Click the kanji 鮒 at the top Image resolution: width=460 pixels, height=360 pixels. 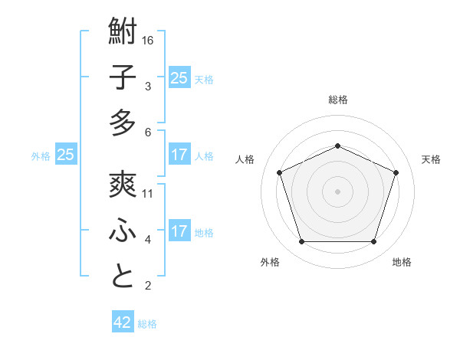(123, 32)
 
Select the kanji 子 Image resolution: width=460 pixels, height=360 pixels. (123, 77)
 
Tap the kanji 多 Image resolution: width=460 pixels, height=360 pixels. (123, 123)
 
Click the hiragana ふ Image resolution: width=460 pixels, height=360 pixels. (123, 231)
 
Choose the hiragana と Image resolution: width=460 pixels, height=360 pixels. (123, 277)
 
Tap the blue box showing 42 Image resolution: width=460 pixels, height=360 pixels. (123, 322)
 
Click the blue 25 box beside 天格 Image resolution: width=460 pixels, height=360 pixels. (179, 77)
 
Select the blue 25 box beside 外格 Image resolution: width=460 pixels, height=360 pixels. (66, 155)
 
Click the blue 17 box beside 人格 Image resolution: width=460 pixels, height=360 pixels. (179, 155)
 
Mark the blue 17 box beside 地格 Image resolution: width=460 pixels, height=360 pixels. (179, 231)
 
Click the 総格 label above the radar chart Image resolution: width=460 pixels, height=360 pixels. (337, 100)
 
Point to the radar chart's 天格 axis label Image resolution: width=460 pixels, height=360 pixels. (431, 159)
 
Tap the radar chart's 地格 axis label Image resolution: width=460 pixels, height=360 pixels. (402, 262)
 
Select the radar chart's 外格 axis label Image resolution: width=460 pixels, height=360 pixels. (270, 262)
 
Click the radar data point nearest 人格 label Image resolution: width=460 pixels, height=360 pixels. (279, 172)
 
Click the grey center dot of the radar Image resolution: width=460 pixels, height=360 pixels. (337, 191)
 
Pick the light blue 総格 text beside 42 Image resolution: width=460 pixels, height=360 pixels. (147, 324)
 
